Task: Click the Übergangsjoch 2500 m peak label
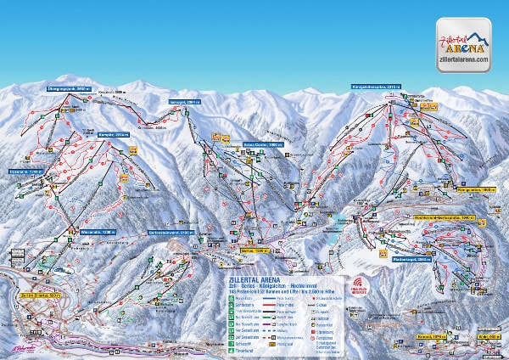(x=68, y=87)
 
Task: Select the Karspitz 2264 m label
(x=115, y=133)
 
